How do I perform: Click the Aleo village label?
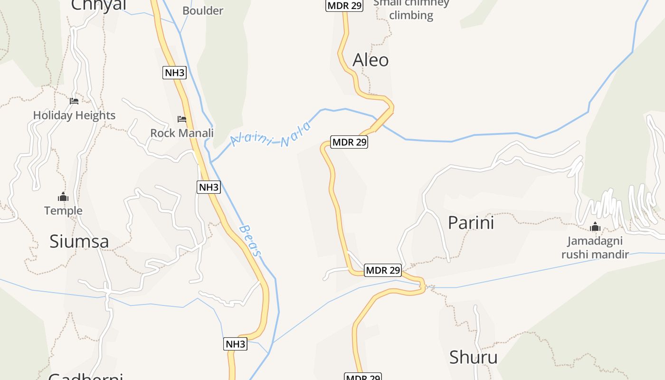coord(370,60)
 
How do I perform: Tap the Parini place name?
coord(471,223)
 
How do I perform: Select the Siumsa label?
coord(79,241)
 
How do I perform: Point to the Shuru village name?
coord(473,357)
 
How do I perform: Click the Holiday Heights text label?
coord(74,115)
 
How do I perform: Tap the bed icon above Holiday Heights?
coord(74,101)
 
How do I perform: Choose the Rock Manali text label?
coord(182,133)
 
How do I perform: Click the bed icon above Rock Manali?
coord(182,119)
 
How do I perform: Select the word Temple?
coord(63,210)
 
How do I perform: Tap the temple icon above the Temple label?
coord(63,197)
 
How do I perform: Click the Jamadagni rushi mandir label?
coord(595,248)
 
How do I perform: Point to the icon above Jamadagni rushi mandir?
coord(595,227)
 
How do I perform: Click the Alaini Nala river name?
coord(271,135)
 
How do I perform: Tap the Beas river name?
coord(250,241)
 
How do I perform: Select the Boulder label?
coord(203,10)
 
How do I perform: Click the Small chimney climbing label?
coord(411,9)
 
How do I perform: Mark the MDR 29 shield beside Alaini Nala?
coord(350,142)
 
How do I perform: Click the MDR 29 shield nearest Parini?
coord(383,270)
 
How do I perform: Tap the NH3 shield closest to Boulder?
coord(174,73)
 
